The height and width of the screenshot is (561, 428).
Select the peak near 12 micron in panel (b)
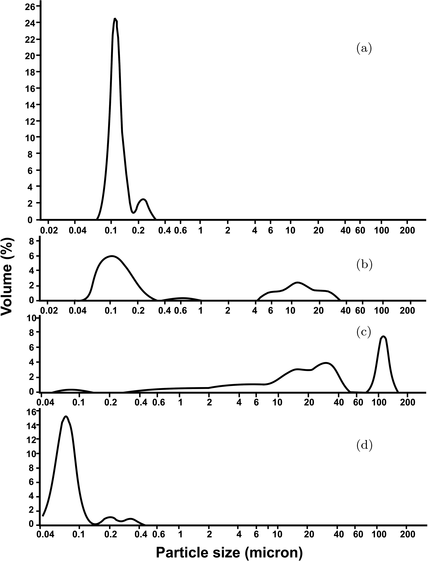click(297, 282)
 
